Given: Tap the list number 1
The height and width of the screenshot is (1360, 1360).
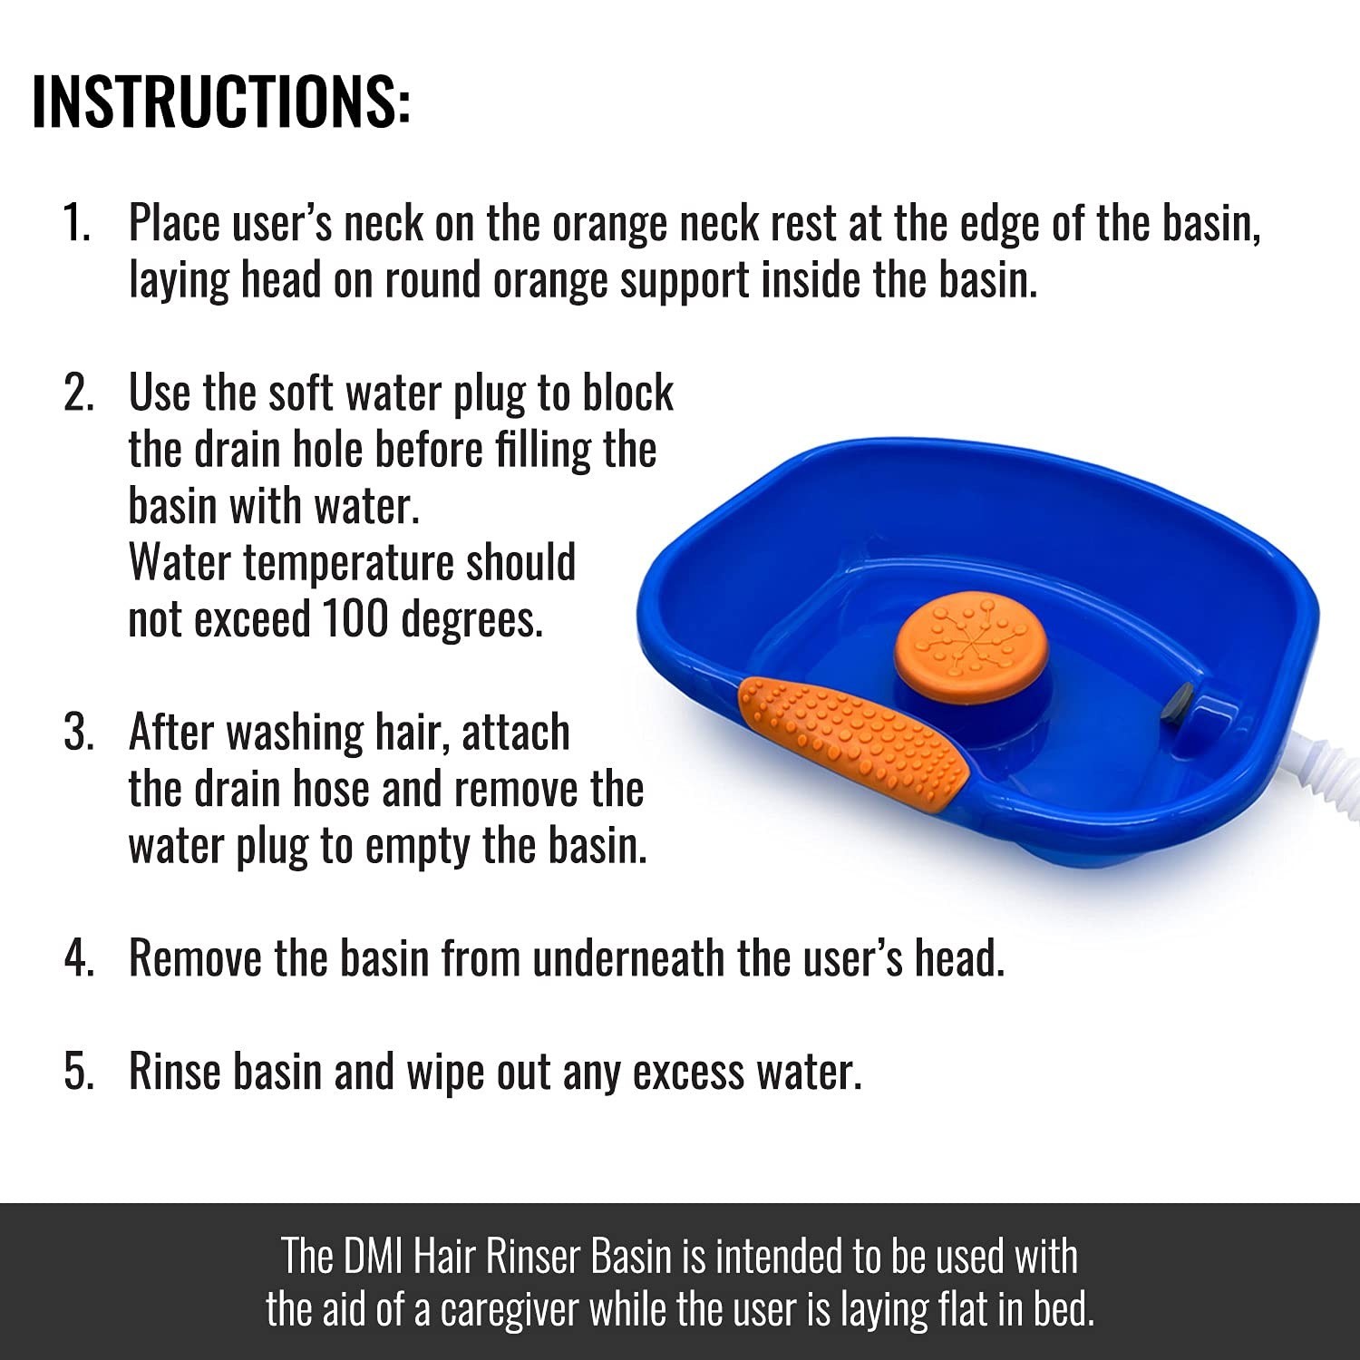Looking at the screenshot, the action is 77,223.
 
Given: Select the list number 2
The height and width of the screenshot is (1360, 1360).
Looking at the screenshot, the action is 79,393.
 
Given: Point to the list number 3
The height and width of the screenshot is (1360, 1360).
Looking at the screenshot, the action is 79,732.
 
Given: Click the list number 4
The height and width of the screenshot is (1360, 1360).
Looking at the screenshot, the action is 79,957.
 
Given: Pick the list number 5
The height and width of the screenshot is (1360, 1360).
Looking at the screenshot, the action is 79,1071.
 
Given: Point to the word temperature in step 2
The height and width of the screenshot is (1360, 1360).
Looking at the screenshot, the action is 349,563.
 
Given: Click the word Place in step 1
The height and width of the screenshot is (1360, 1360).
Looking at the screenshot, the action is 174,223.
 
